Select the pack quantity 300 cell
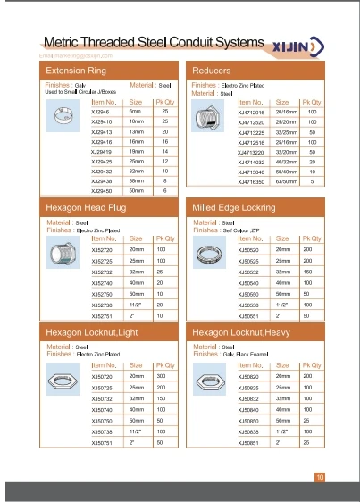163,376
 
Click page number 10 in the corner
320,477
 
